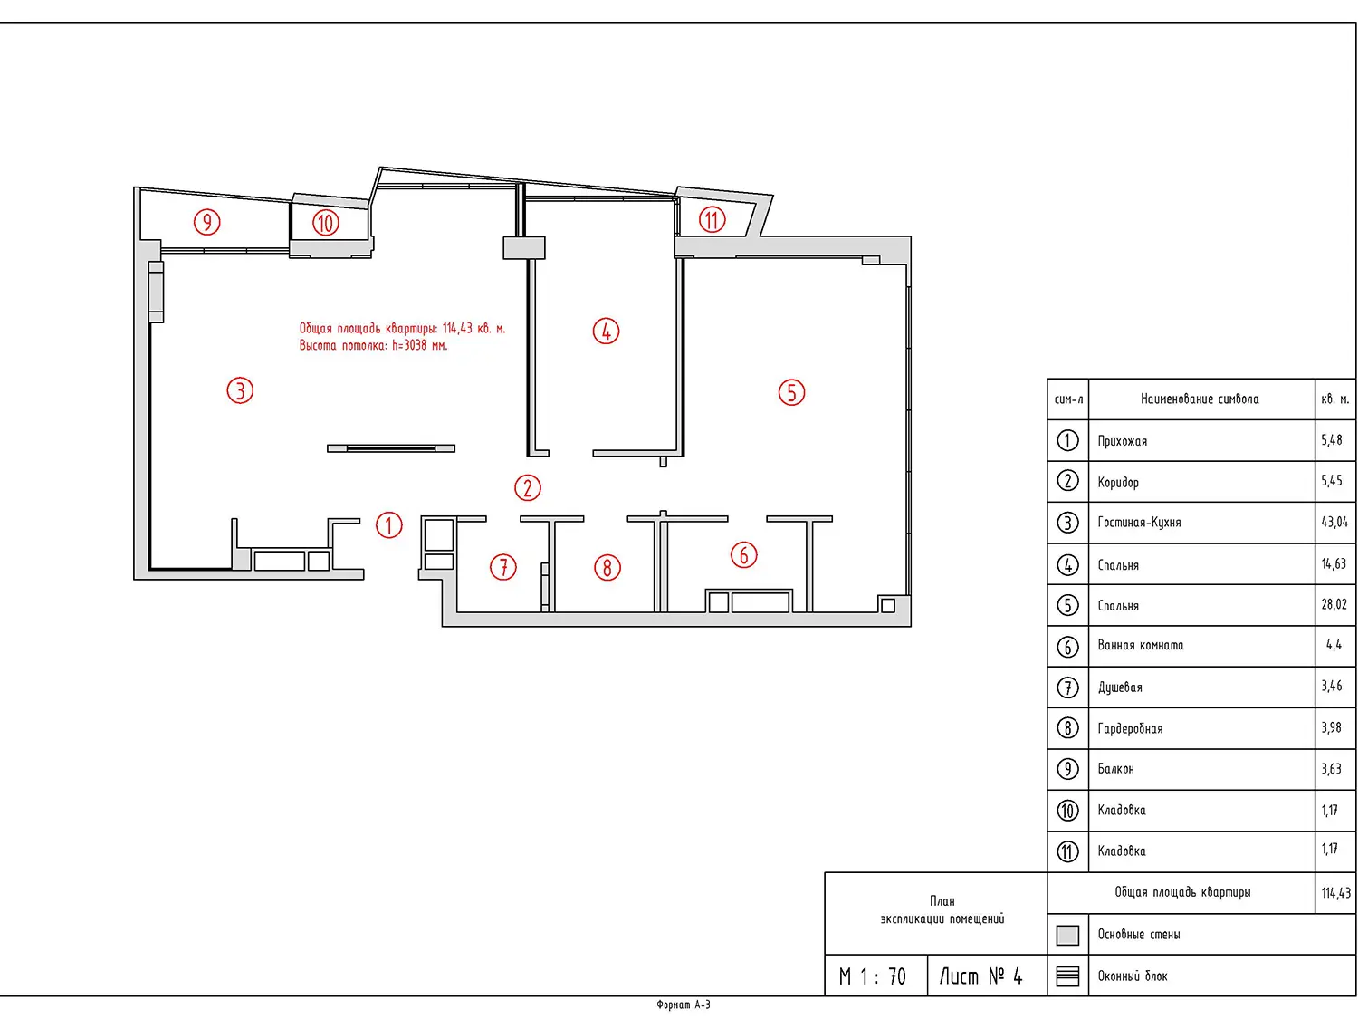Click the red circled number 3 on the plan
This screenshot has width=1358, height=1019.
239,390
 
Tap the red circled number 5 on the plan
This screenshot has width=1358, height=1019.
790,392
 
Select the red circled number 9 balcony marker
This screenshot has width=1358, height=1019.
206,222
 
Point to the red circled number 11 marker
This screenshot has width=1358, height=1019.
712,219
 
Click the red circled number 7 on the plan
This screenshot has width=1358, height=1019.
502,567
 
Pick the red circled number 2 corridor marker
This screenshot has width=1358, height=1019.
527,487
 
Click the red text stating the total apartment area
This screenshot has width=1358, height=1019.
402,328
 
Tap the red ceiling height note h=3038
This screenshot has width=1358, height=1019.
373,345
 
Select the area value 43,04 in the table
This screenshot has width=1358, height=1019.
1334,522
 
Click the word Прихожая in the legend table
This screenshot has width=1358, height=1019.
1122,441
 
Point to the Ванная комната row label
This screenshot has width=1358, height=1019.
1140,645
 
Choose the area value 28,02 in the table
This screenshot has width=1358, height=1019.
1334,604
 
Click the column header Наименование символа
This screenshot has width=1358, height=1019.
1199,399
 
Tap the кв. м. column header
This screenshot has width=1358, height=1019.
1334,399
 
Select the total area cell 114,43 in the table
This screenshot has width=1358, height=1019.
1335,893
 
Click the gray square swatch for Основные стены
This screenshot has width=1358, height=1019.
1066,935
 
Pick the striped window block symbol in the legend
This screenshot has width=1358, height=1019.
1066,976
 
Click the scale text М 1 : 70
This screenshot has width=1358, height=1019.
871,977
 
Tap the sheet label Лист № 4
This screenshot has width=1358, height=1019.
980,976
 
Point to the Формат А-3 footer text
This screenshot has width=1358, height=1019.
683,1005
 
